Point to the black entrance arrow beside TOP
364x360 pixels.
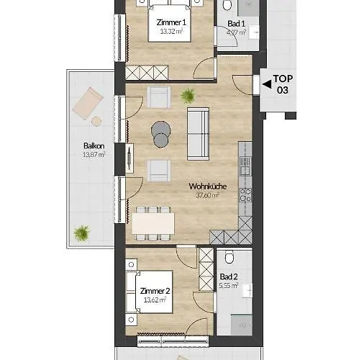coord(265,84)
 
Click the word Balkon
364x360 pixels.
coord(94,146)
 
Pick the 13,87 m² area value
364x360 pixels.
coord(94,154)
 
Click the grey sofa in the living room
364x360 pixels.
coord(199,134)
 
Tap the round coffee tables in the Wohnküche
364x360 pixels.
coord(161,134)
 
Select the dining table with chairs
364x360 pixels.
coord(153,224)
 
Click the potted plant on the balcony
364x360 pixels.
coord(82,232)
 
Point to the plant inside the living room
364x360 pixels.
coord(188,94)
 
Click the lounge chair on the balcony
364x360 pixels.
coord(88,104)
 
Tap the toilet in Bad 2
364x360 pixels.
coord(229,258)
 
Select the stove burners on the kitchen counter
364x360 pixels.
coord(245,194)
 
